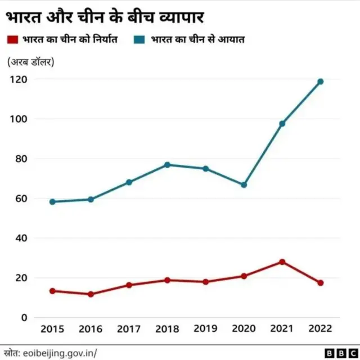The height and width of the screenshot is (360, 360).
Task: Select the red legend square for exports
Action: coord(12,40)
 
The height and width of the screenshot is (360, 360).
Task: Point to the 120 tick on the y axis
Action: coord(19,79)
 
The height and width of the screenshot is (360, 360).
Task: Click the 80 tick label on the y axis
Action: coord(20,159)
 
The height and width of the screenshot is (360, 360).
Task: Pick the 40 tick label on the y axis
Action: coord(20,238)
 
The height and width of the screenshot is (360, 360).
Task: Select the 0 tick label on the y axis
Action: coord(24,317)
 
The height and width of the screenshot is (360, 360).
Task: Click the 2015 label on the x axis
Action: coord(52,328)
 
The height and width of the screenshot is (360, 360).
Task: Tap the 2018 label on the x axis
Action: coord(168,328)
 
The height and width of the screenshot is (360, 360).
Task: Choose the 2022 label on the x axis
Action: coord(321,328)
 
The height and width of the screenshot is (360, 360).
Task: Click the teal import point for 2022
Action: coord(321,82)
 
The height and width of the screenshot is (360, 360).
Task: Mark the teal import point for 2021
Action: coord(282,124)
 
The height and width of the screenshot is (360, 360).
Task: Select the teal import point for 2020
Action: coord(244,185)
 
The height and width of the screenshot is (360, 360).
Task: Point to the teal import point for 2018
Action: coord(168,165)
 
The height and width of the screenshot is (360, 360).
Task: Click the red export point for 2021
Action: coord(282,262)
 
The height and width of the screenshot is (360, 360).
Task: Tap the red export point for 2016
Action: coord(91,294)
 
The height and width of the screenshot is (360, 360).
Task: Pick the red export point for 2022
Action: coord(321,283)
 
